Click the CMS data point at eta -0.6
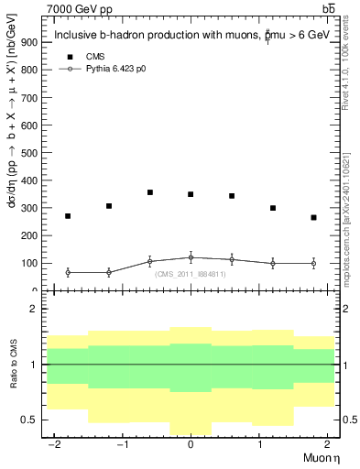[149, 192]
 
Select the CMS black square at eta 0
[191, 194]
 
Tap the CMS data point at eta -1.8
[68, 216]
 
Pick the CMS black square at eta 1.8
[313, 217]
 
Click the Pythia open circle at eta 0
[191, 257]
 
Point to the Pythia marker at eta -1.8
[68, 272]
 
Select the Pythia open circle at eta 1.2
[273, 264]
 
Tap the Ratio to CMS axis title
[14, 376]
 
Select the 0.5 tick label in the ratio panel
[34, 420]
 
